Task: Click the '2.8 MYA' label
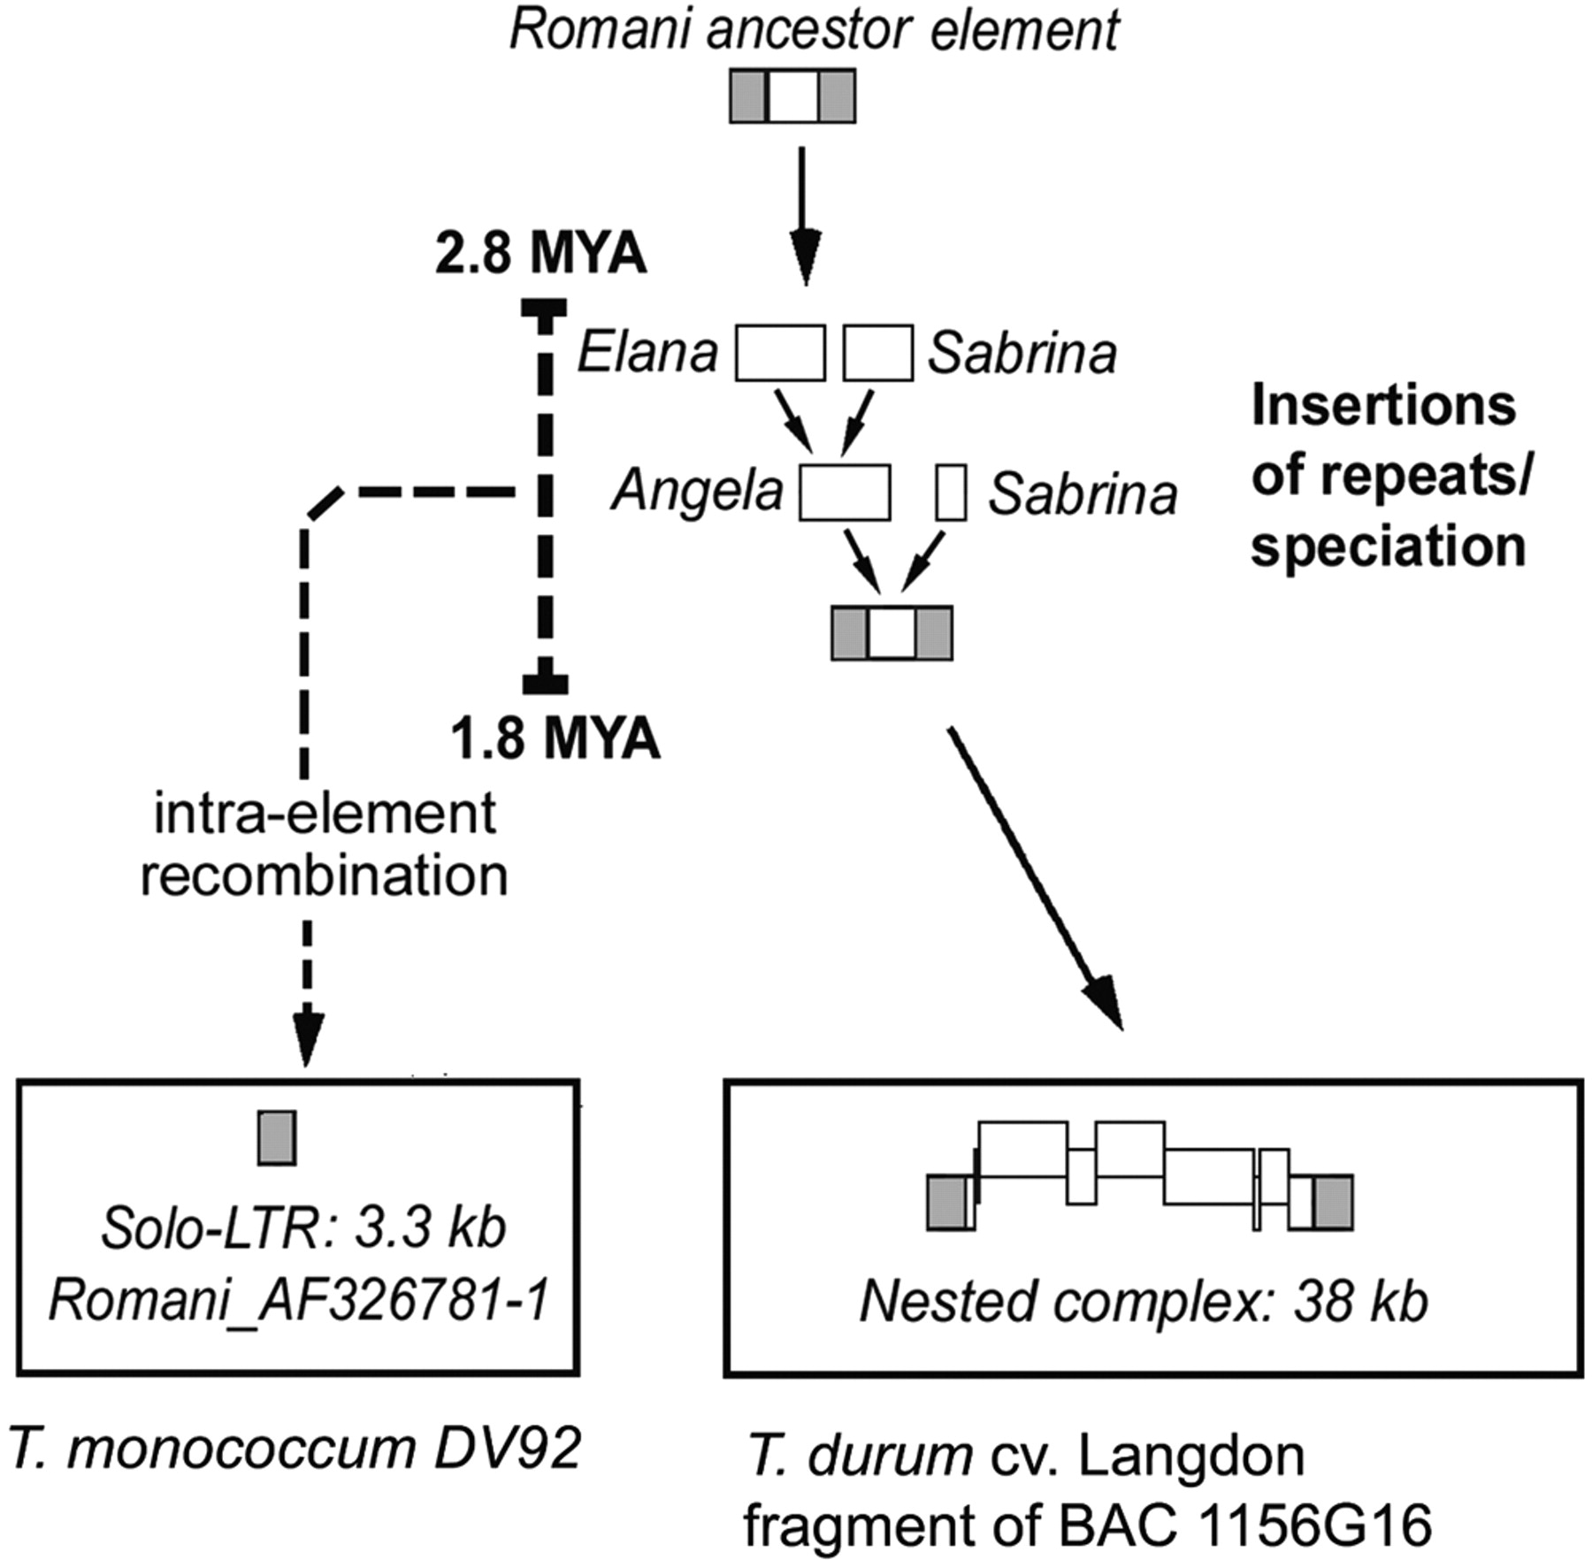pyautogui.click(x=540, y=256)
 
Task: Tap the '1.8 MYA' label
pyautogui.click(x=555, y=738)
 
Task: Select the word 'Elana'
pyautogui.click(x=647, y=354)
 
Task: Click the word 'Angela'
pyautogui.click(x=698, y=492)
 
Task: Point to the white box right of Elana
pyautogui.click(x=780, y=353)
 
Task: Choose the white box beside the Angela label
pyautogui.click(x=845, y=493)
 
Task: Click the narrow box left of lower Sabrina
pyautogui.click(x=951, y=493)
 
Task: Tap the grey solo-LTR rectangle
pyautogui.click(x=277, y=1138)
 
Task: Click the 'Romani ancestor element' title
pyautogui.click(x=814, y=31)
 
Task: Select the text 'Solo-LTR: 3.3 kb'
pyautogui.click(x=303, y=1227)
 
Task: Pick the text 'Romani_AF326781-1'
pyautogui.click(x=299, y=1300)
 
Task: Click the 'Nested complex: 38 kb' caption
pyautogui.click(x=1144, y=1302)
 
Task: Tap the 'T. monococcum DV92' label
pyautogui.click(x=295, y=1449)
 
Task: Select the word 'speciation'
pyautogui.click(x=1388, y=547)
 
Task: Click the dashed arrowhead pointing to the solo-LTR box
pyautogui.click(x=306, y=1044)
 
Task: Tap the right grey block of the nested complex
pyautogui.click(x=1333, y=1203)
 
